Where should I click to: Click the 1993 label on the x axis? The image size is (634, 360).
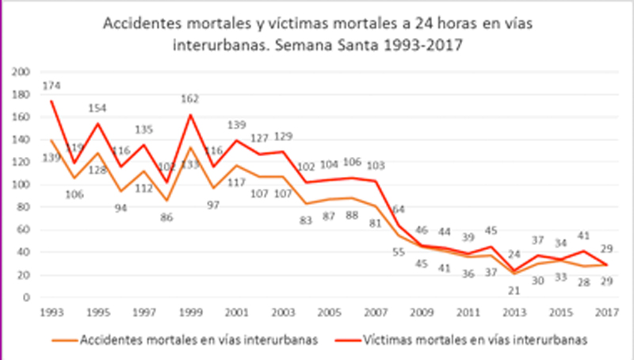32,311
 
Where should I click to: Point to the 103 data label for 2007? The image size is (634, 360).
376,165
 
